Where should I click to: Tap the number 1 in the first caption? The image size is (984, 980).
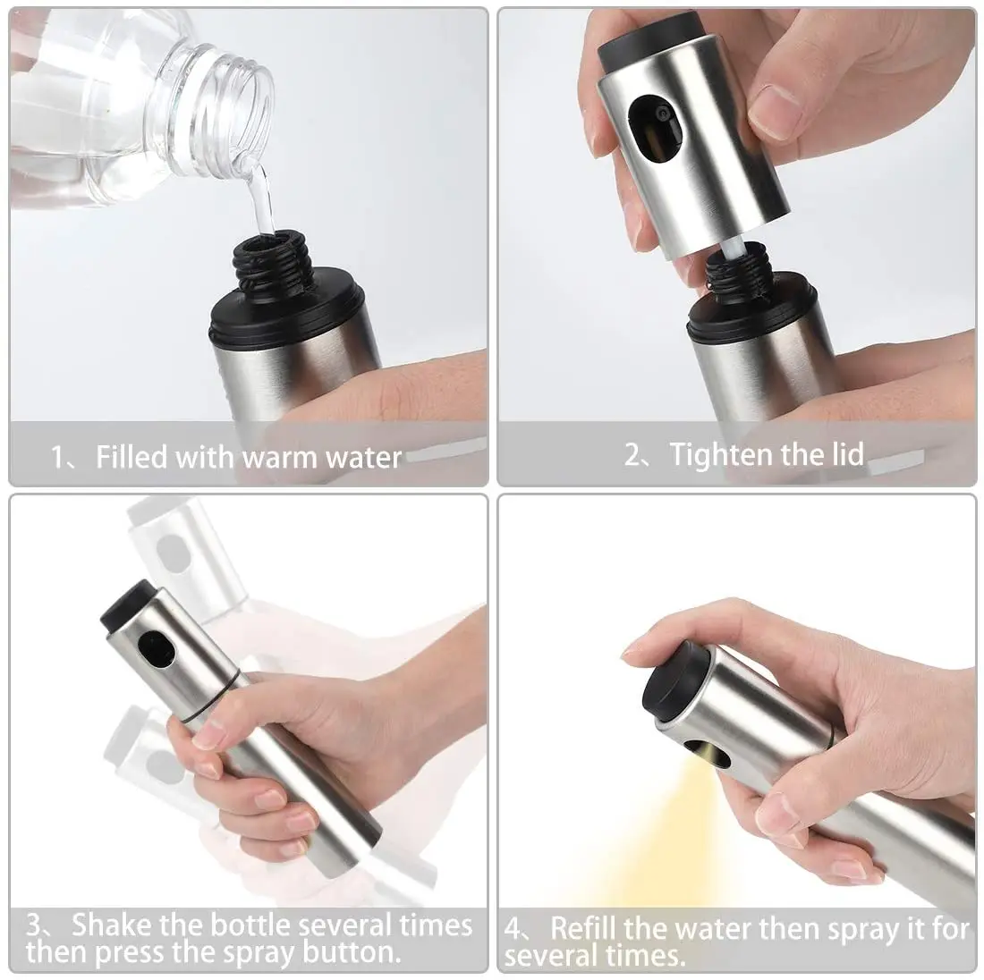coord(59,458)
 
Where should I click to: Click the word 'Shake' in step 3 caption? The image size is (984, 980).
coord(111,924)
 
